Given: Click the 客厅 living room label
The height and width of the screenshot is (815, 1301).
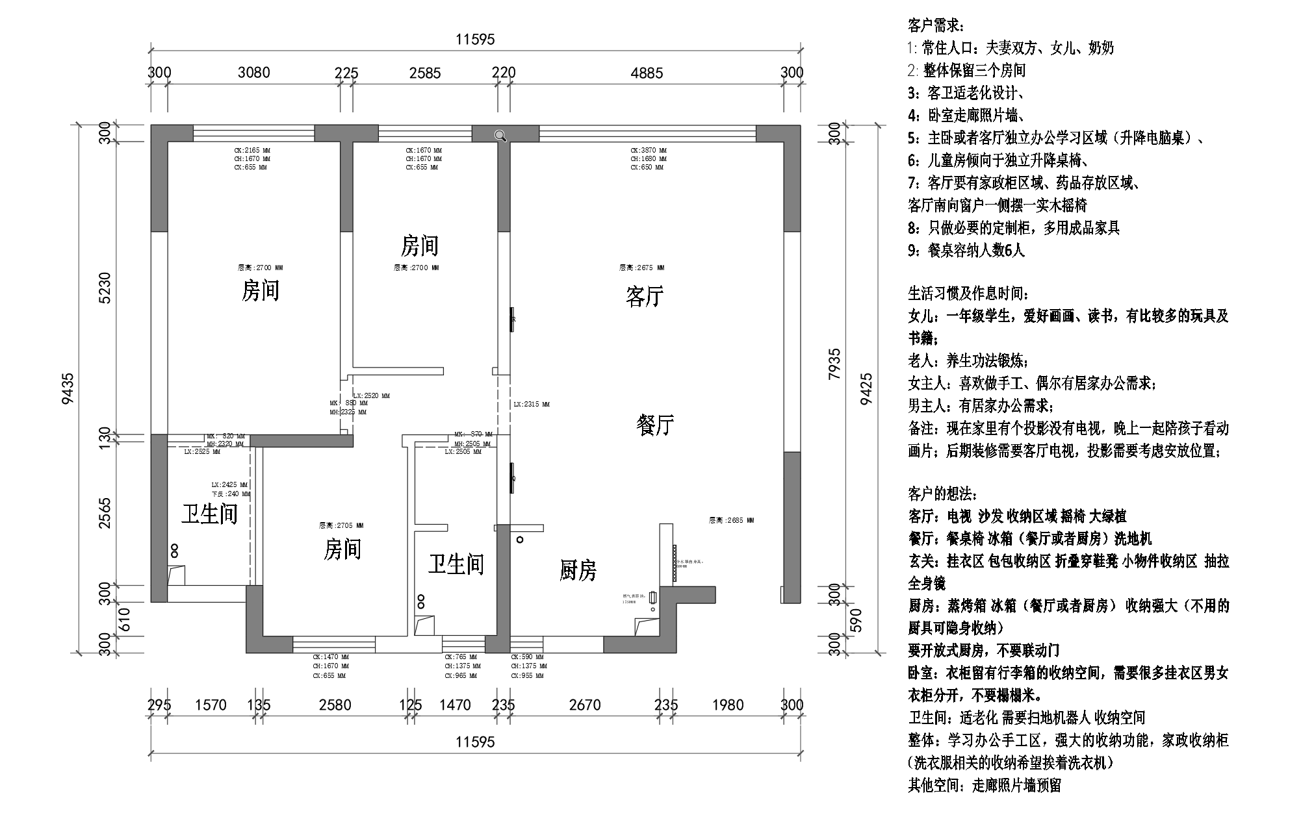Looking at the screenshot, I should pyautogui.click(x=644, y=297).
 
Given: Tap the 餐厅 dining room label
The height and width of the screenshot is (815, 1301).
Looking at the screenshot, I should pyautogui.click(x=654, y=425).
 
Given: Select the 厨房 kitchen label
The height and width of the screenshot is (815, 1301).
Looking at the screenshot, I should pyautogui.click(x=578, y=570).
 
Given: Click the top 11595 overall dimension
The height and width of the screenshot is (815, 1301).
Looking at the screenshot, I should pyautogui.click(x=475, y=40).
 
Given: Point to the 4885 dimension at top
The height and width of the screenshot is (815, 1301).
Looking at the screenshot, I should pyautogui.click(x=647, y=73).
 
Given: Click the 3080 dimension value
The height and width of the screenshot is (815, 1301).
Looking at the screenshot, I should pyautogui.click(x=253, y=73).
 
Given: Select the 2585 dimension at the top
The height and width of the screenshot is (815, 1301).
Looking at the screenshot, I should pyautogui.click(x=425, y=73).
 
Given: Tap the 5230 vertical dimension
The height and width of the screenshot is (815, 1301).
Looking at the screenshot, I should pyautogui.click(x=106, y=288).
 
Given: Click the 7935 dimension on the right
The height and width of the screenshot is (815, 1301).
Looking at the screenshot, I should pyautogui.click(x=835, y=364).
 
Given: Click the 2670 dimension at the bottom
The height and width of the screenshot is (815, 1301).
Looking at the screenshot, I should pyautogui.click(x=585, y=705).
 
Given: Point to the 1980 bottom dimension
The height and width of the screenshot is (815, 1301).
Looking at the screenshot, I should pyautogui.click(x=727, y=705).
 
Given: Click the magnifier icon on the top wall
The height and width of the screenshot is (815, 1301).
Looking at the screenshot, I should pyautogui.click(x=500, y=135).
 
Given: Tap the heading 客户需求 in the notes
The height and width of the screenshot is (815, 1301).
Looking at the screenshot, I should pyautogui.click(x=936, y=26).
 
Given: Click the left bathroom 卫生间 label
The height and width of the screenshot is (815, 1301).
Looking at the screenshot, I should pyautogui.click(x=209, y=514).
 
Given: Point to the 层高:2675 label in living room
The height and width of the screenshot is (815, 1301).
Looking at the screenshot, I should pyautogui.click(x=641, y=268).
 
